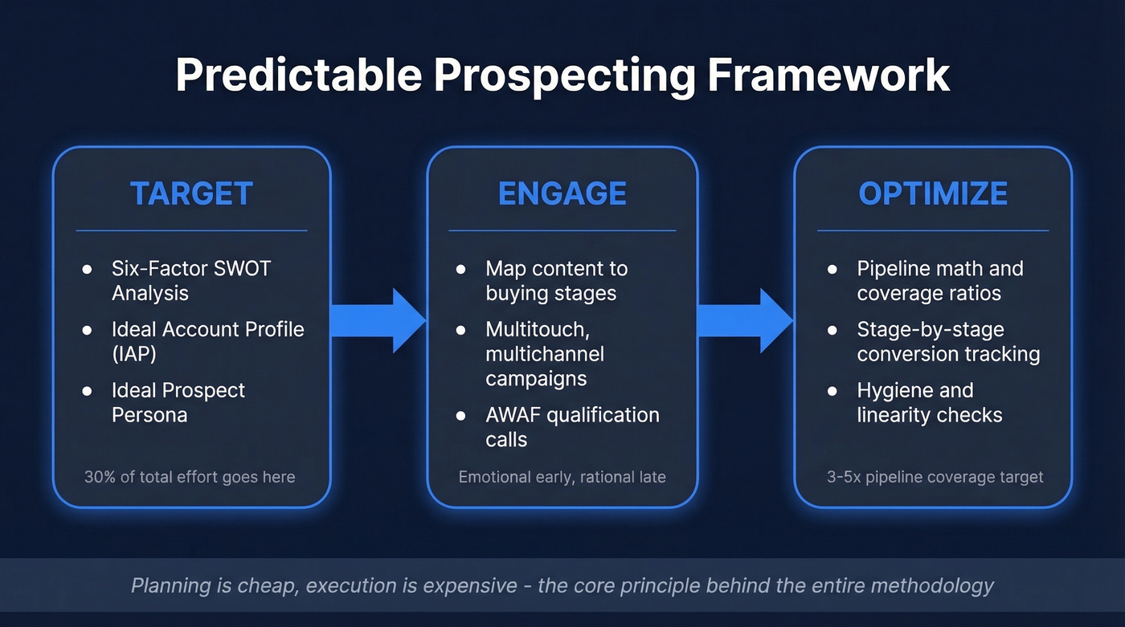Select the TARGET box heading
[x=191, y=193]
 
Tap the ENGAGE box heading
[x=562, y=193]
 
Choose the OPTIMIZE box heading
[x=932, y=193]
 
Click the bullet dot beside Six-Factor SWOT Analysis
[x=87, y=269]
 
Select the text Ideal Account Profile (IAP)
[x=207, y=341]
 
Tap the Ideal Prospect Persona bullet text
[x=178, y=402]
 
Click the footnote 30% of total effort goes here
[x=190, y=477]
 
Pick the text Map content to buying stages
[x=556, y=280]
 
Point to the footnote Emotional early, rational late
[x=562, y=477]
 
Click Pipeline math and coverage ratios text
[x=939, y=280]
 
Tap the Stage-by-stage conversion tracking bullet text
[x=948, y=341]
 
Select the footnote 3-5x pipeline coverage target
[x=935, y=477]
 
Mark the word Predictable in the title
[x=298, y=75]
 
